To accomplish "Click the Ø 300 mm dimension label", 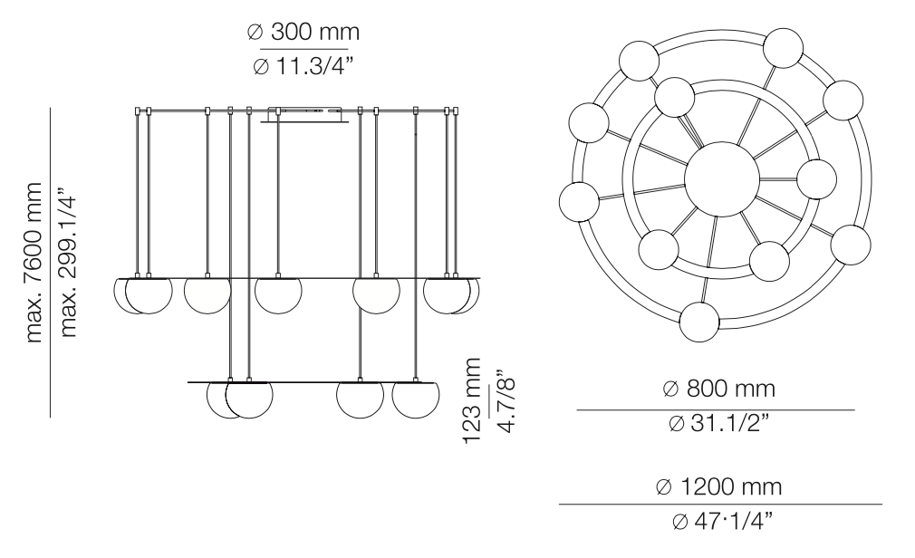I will tap(303, 33).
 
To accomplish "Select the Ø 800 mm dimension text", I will tap(719, 390).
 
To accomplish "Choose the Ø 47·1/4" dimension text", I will tap(719, 523).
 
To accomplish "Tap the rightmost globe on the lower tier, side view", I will tap(416, 399).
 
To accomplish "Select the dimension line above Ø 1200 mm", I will tap(719, 505).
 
